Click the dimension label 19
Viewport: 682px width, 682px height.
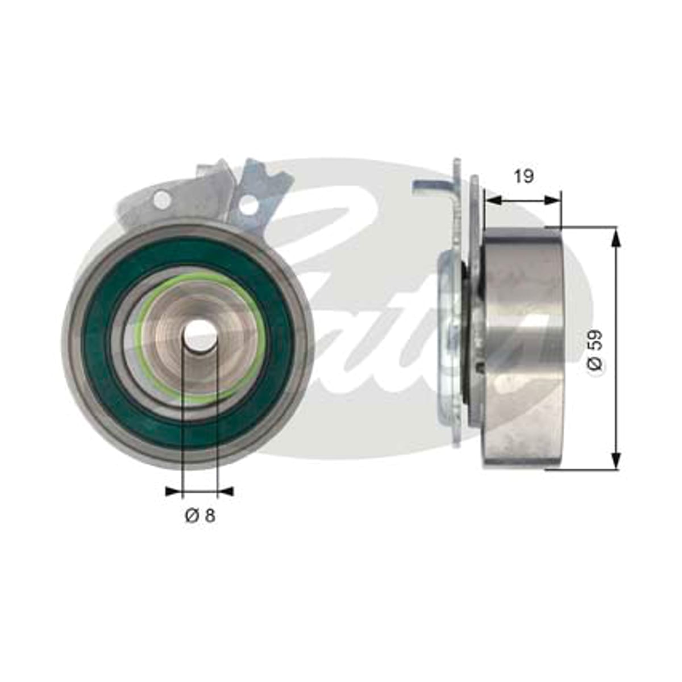(523, 176)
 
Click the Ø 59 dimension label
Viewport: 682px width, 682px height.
(595, 350)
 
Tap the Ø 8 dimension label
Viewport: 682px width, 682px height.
(200, 515)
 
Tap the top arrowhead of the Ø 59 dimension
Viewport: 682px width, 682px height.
(617, 236)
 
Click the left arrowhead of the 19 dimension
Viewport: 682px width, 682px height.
(494, 201)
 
